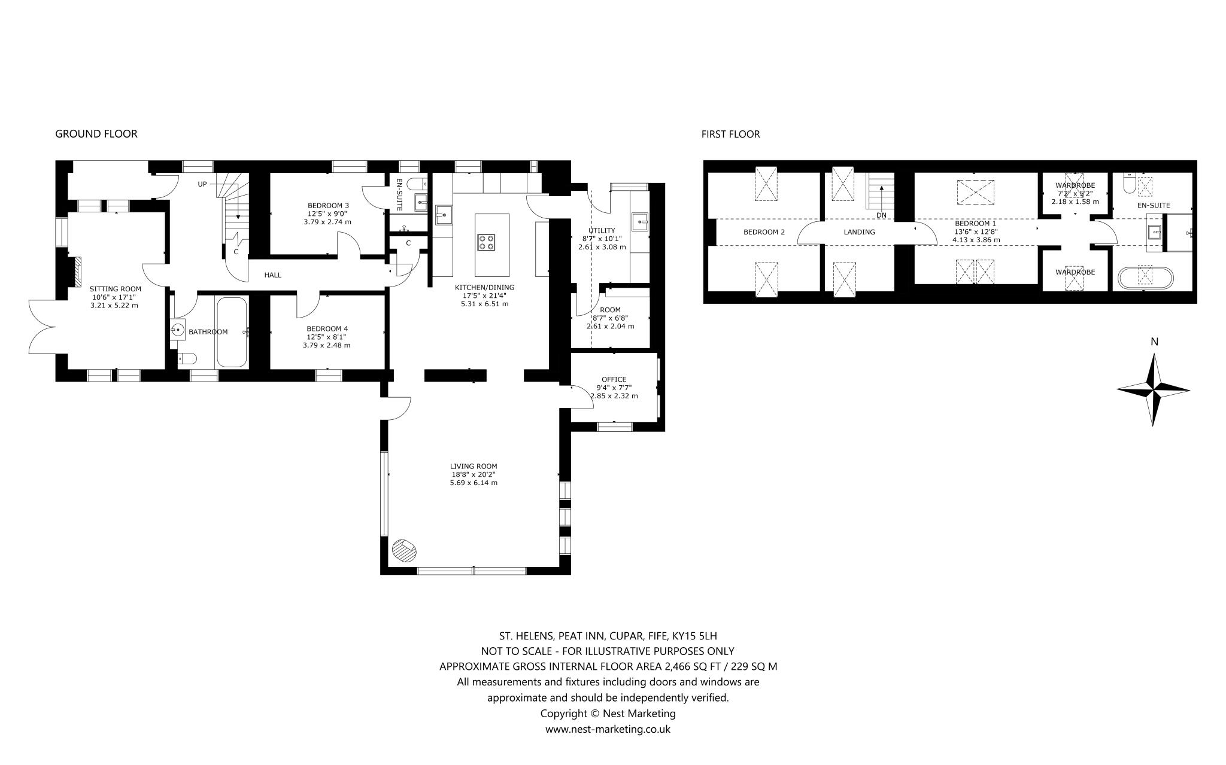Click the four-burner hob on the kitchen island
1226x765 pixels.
click(485, 242)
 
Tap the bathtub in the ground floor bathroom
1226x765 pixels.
click(232, 332)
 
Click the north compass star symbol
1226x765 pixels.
click(1154, 390)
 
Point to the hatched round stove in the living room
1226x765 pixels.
click(403, 550)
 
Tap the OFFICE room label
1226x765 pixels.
click(614, 379)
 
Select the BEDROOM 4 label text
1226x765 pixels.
click(327, 328)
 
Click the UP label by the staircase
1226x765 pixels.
click(202, 184)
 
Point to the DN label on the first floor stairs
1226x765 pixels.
click(881, 215)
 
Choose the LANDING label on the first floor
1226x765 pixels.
click(859, 232)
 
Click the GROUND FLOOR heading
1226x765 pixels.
click(96, 134)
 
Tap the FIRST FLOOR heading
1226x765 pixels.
click(730, 134)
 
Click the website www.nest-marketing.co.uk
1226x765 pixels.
click(608, 729)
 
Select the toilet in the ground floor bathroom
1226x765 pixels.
click(187, 358)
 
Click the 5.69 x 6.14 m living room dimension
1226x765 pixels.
click(474, 483)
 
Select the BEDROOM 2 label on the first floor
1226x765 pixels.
click(764, 232)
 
